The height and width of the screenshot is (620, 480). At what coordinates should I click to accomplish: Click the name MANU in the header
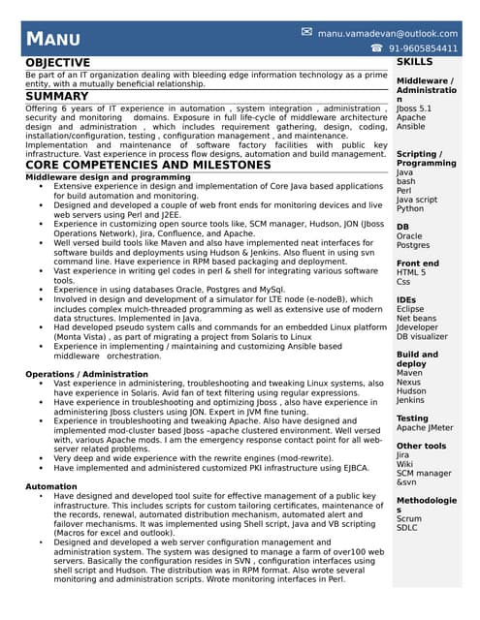tap(52, 40)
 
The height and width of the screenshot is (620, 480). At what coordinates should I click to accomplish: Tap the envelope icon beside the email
tap(306, 32)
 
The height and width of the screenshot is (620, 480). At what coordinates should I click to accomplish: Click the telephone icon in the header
tap(376, 48)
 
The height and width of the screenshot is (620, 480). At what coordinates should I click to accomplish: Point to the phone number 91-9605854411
tap(423, 48)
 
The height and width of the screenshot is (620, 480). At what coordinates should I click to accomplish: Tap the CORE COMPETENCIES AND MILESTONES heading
tap(147, 166)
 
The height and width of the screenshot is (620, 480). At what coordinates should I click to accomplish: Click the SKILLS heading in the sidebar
tap(415, 62)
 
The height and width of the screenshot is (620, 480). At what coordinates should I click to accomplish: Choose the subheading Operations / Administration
tap(87, 374)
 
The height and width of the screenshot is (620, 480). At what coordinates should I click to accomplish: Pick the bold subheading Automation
tap(51, 486)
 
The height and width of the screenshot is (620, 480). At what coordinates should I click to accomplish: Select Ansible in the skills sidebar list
tap(410, 127)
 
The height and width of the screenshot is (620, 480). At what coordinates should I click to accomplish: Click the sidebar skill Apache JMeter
tap(426, 428)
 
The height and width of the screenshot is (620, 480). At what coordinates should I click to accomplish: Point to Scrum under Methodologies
tap(409, 518)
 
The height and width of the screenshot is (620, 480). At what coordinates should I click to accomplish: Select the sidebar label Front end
tap(417, 263)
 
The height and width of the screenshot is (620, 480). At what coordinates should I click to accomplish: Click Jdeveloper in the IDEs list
tap(417, 327)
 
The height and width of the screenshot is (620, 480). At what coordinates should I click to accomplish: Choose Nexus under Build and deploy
tap(409, 382)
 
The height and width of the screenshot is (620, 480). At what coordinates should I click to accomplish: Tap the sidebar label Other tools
tap(421, 446)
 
